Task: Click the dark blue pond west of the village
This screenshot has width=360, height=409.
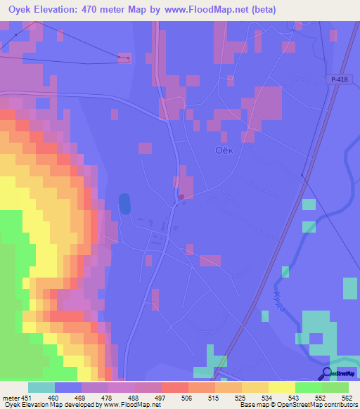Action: tap(124, 204)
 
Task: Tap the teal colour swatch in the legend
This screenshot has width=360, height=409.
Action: tap(41, 387)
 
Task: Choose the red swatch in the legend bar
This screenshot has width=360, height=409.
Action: tap(175, 387)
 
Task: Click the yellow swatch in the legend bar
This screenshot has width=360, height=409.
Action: tap(282, 387)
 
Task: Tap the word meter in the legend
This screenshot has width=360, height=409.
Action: tap(9, 398)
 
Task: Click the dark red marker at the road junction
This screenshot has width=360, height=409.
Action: tap(182, 196)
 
